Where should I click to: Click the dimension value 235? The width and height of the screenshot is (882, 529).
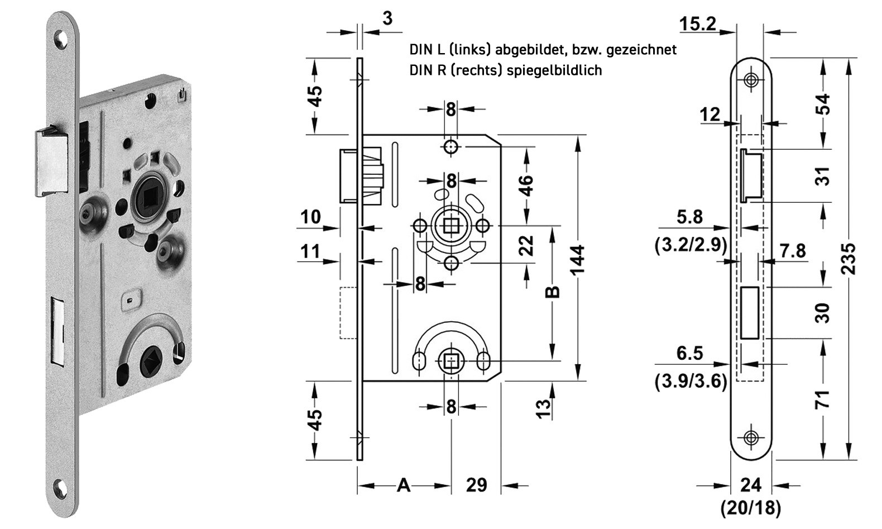click(848, 258)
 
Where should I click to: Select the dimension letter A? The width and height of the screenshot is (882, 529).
click(403, 485)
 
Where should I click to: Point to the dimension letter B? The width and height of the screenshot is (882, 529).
click(552, 292)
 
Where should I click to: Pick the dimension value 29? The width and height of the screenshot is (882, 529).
click(476, 485)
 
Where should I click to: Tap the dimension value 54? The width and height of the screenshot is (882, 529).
click(822, 104)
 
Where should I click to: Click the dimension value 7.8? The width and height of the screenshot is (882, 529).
click(793, 251)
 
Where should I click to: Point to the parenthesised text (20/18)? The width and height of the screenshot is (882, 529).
click(751, 508)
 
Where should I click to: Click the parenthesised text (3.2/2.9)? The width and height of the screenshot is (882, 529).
click(691, 246)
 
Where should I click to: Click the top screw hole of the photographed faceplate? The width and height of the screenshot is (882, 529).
click(60, 40)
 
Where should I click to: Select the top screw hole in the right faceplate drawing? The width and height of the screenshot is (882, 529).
click(751, 79)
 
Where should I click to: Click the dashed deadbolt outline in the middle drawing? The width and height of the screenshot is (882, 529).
click(348, 312)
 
